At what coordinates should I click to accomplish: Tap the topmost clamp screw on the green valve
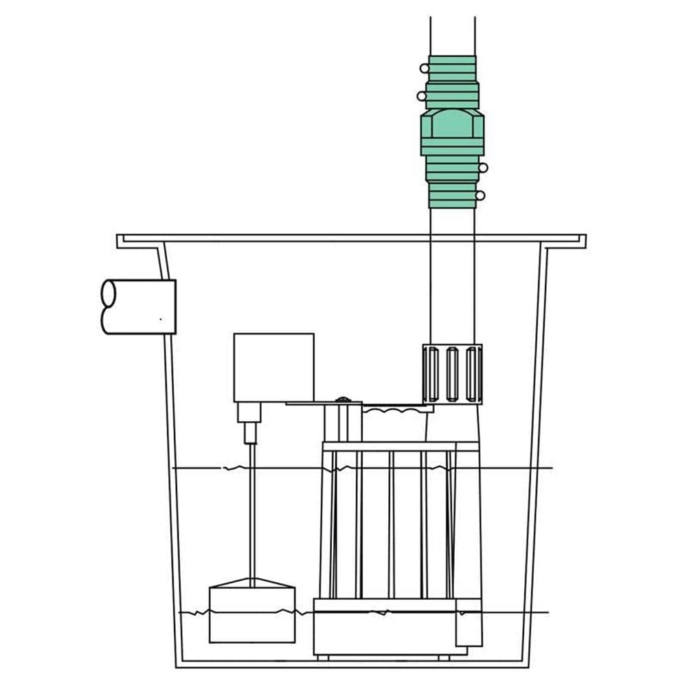point(424,68)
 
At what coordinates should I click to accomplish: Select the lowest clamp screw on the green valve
point(480,196)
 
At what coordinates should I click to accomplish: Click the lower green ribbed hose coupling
point(452,182)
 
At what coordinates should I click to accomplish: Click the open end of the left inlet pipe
point(109,306)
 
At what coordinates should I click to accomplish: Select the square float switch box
point(273,368)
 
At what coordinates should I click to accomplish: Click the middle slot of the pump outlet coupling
point(452,374)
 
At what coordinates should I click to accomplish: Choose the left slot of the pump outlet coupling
point(432,374)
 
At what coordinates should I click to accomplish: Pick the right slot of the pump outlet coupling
point(471,374)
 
